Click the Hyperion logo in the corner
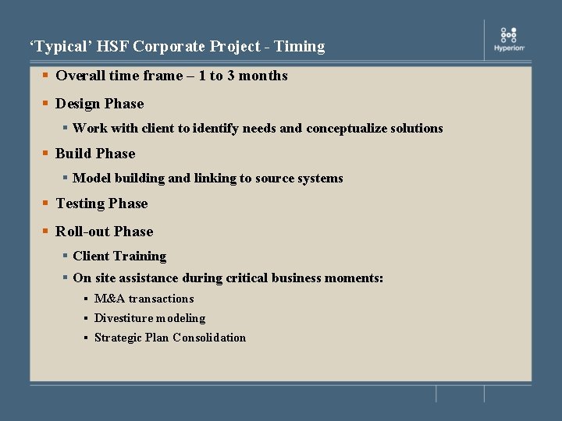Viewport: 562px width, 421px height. [509, 39]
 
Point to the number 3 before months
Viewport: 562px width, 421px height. [231, 76]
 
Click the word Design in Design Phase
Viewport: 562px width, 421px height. [78, 104]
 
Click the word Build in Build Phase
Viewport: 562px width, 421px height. [73, 154]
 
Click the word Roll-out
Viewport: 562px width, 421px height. [83, 232]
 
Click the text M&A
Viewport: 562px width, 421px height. [110, 299]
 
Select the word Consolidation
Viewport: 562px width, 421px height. [209, 338]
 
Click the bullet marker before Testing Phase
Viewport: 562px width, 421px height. [47, 203]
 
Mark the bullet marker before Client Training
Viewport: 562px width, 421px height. [66, 256]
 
